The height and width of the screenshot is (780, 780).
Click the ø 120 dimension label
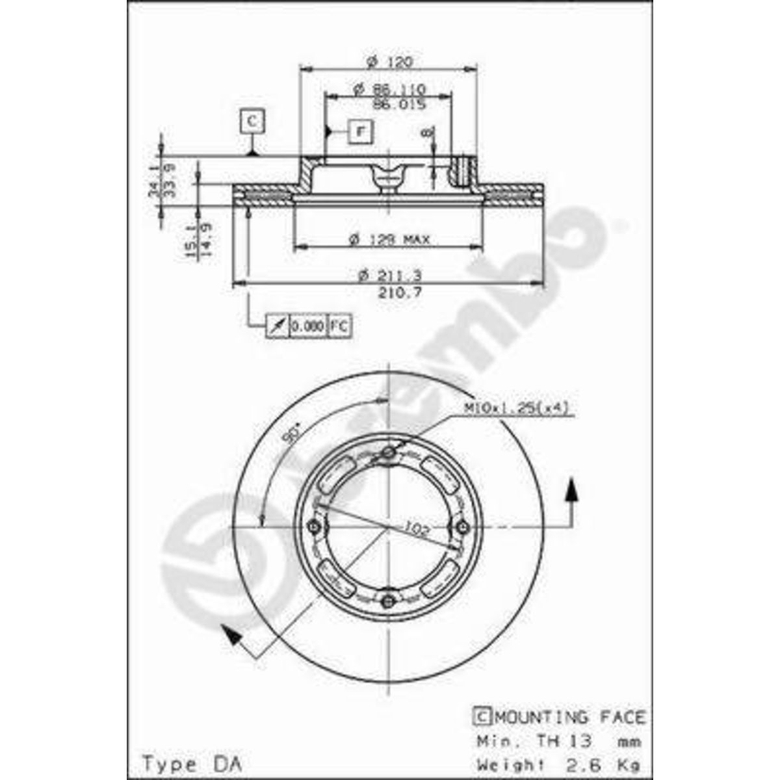point(389,62)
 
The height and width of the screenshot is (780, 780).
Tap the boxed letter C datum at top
point(252,121)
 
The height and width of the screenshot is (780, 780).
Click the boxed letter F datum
point(359,132)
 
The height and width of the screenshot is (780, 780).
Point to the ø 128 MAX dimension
point(389,240)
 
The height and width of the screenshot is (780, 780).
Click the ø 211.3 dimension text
point(390,276)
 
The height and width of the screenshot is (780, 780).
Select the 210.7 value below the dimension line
point(400,293)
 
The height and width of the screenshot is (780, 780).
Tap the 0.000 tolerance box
point(307,325)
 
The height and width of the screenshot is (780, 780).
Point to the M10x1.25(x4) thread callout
point(517,408)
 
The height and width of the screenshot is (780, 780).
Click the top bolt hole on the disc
point(389,453)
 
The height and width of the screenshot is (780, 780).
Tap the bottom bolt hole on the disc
point(389,600)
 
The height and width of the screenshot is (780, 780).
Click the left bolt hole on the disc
point(315,526)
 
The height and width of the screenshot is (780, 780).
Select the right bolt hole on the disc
point(462,526)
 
